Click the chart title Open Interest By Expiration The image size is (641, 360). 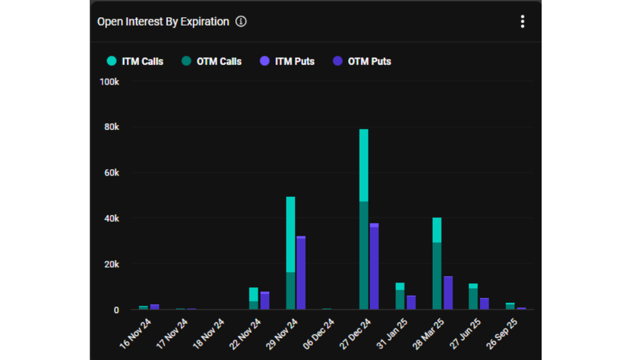pyautogui.click(x=163, y=22)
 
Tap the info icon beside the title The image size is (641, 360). pyautogui.click(x=241, y=21)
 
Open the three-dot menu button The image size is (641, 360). pyautogui.click(x=522, y=21)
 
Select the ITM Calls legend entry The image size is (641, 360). pyautogui.click(x=135, y=61)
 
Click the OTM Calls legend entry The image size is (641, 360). pyautogui.click(x=212, y=61)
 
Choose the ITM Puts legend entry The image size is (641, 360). pyautogui.click(x=287, y=61)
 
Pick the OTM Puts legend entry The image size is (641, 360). pyautogui.click(x=362, y=61)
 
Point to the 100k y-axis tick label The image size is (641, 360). pyautogui.click(x=109, y=82)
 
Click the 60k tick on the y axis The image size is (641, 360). pyautogui.click(x=112, y=173)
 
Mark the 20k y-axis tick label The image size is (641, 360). pyautogui.click(x=112, y=265)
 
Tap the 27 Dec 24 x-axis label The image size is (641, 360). pyautogui.click(x=355, y=334)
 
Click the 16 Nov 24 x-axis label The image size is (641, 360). pyautogui.click(x=135, y=334)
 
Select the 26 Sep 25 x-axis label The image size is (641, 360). pyautogui.click(x=502, y=334)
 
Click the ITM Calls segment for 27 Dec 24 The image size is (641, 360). pyautogui.click(x=364, y=165)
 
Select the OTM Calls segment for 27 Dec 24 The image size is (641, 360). pyautogui.click(x=364, y=256)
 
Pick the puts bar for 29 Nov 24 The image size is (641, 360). pyautogui.click(x=301, y=273)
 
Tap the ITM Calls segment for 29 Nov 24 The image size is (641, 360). pyautogui.click(x=290, y=234)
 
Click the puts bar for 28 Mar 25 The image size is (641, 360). pyautogui.click(x=448, y=293)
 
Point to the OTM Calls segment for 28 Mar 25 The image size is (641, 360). pyautogui.click(x=437, y=276)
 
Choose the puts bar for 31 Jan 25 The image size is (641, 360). pyautogui.click(x=412, y=302)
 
